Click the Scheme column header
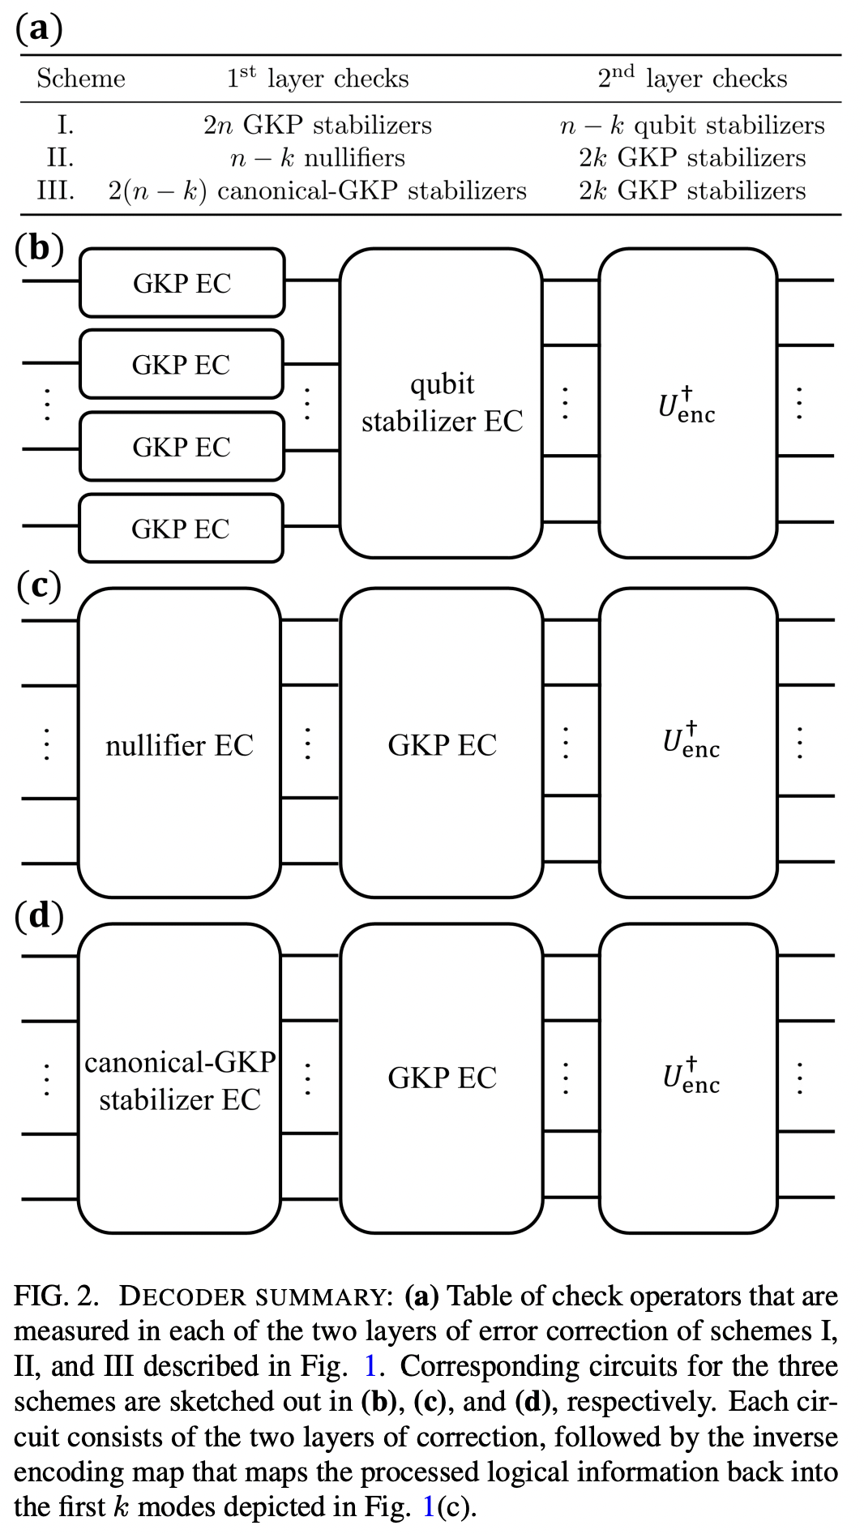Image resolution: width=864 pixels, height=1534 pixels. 81,79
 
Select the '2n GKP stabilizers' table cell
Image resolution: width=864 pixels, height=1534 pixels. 317,125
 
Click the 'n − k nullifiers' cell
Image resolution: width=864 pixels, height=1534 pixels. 317,157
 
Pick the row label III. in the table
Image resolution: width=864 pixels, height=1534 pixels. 56,191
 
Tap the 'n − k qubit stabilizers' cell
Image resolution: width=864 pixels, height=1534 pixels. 691,125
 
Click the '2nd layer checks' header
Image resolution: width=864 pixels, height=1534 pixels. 691,78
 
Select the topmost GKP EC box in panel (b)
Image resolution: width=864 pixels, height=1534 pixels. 182,283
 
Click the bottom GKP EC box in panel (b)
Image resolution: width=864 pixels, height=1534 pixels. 181,529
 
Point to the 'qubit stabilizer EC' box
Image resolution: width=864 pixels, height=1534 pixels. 441,403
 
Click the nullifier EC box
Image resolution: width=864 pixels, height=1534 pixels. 179,744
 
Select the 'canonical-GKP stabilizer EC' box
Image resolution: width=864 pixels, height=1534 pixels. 179,1080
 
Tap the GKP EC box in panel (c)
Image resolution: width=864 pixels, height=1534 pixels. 441,744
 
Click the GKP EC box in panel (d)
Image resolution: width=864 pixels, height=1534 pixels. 441,1078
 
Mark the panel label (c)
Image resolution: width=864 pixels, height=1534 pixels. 38,585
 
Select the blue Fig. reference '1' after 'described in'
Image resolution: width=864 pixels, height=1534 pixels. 370,1366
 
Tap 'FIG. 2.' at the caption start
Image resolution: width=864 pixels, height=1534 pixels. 56,1296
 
